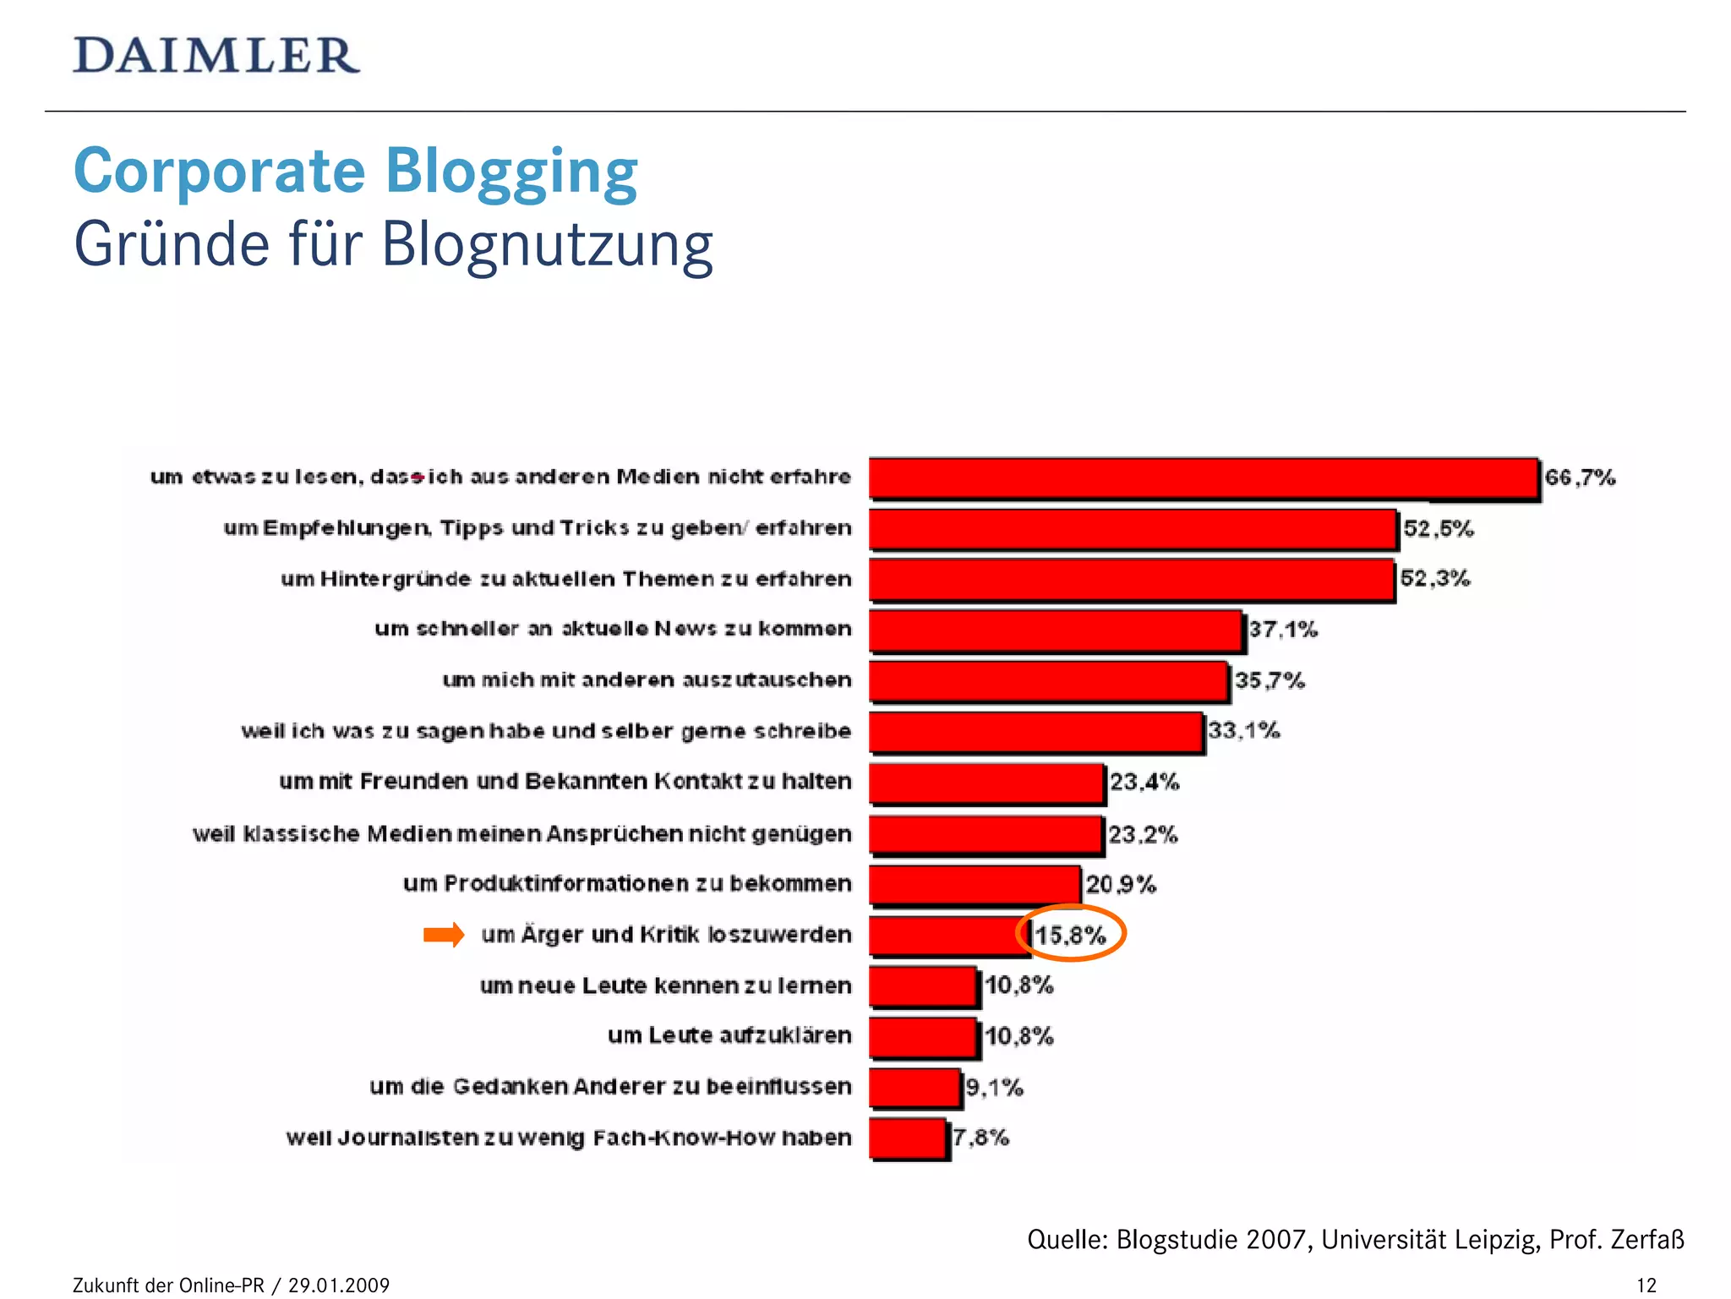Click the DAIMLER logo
tap(216, 56)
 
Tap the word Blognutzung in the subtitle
tap(547, 245)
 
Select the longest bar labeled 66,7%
tap(1203, 478)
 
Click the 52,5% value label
tap(1438, 529)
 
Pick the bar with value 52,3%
tap(1131, 580)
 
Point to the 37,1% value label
tap(1283, 630)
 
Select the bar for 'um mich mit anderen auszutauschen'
tap(1048, 681)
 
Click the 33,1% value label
tap(1243, 730)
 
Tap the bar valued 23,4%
tap(986, 783)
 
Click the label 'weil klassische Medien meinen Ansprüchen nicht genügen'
tap(521, 834)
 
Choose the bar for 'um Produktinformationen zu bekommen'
tap(975, 885)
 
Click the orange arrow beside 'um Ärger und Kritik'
tap(444, 934)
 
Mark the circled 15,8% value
tap(1070, 935)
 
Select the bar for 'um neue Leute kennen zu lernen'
tap(923, 986)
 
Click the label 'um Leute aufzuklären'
tap(729, 1035)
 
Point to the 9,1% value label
tap(994, 1088)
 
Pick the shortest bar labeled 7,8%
tap(908, 1138)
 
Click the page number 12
tap(1646, 1285)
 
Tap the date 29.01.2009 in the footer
tap(339, 1285)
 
